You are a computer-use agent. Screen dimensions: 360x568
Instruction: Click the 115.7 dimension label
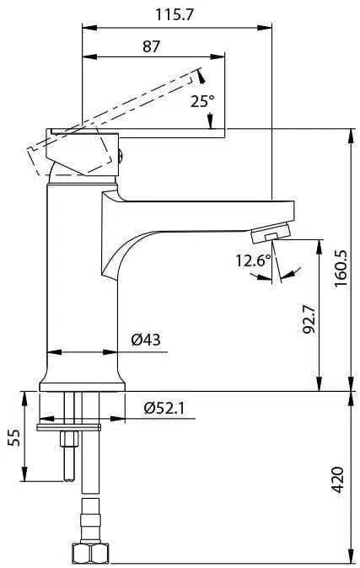(175, 15)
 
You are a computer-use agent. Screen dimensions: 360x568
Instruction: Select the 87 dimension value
(151, 46)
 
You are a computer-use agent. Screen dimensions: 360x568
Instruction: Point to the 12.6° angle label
(254, 260)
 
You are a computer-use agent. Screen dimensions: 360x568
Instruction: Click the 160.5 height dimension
(341, 268)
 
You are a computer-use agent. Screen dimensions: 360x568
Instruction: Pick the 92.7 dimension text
(309, 319)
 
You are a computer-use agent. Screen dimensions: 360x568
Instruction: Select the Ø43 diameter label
(146, 340)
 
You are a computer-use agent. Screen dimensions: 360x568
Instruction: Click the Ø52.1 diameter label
(164, 408)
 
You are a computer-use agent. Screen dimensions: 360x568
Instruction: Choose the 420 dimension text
(338, 480)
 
